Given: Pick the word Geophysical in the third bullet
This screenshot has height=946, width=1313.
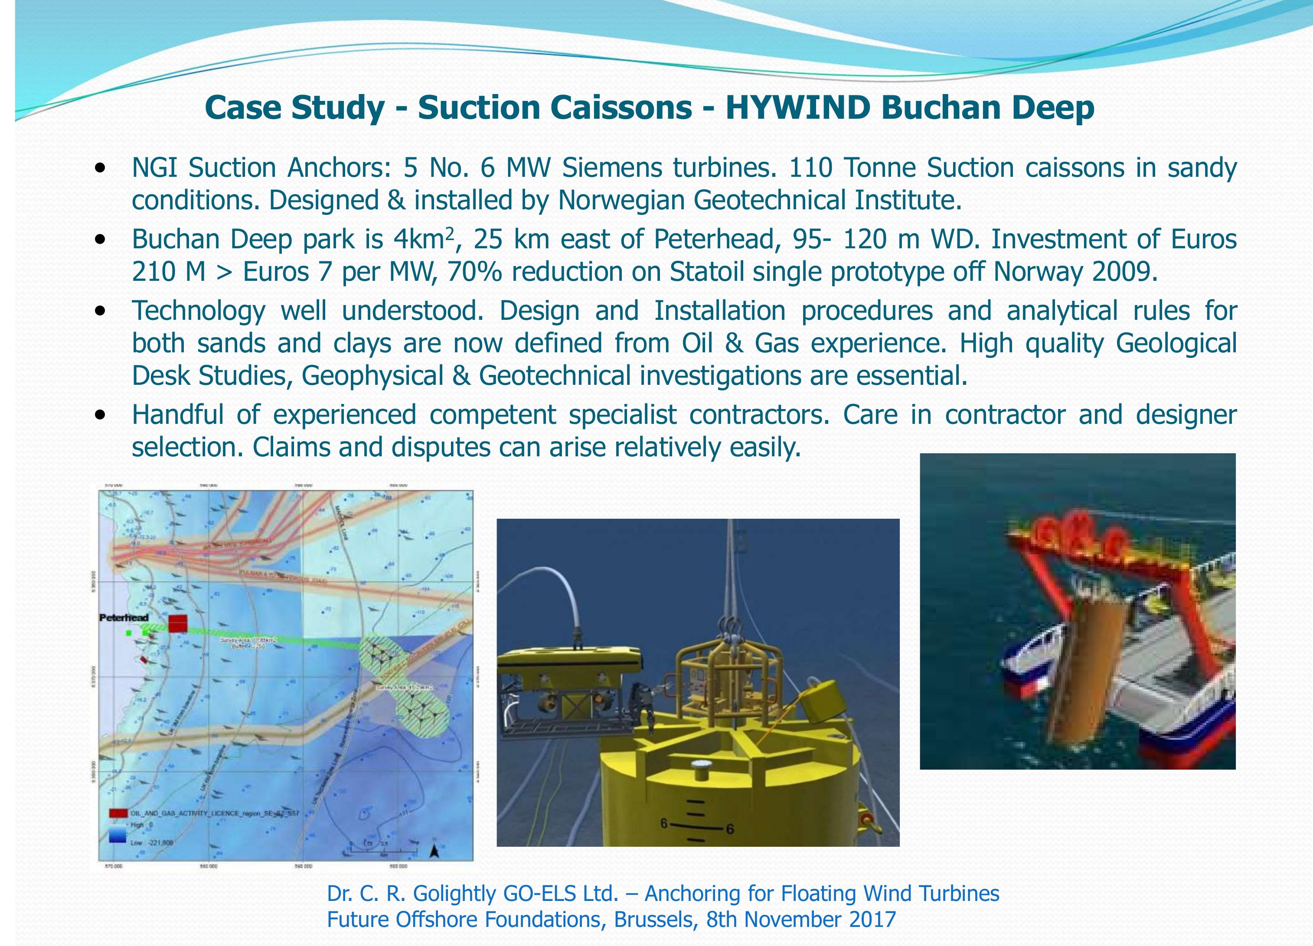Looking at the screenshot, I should coord(372,376).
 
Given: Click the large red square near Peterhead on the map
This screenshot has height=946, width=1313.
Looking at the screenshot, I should coord(178,624).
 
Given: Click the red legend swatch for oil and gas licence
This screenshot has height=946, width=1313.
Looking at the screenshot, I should coord(118,813).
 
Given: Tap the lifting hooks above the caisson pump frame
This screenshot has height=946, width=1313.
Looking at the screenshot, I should coord(731,626).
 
